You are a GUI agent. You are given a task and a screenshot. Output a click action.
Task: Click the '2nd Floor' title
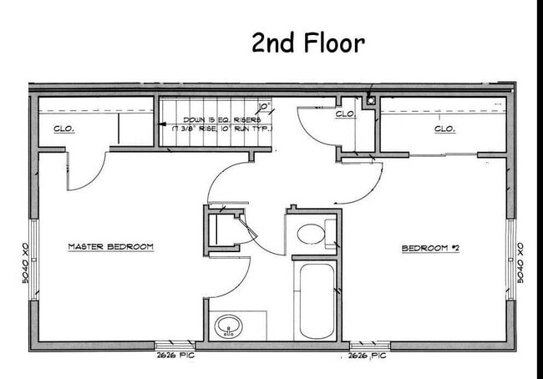coord(308,43)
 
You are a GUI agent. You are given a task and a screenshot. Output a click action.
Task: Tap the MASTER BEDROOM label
coord(110,247)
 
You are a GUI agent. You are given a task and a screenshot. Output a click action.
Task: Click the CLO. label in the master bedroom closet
coord(63,129)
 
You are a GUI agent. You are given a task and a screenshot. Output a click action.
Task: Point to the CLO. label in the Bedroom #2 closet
coord(444,129)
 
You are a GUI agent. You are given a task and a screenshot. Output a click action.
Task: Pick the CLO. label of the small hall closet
coord(346,114)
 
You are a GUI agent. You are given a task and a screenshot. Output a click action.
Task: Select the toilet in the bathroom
coord(312,234)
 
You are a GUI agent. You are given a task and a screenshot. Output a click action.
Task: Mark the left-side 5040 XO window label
coord(26,262)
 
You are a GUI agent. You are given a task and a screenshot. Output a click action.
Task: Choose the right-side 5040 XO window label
coord(520,262)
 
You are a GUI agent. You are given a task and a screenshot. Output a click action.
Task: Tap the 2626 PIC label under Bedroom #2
coord(368,356)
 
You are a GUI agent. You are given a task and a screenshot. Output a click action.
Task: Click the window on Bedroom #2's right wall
coord(510,260)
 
